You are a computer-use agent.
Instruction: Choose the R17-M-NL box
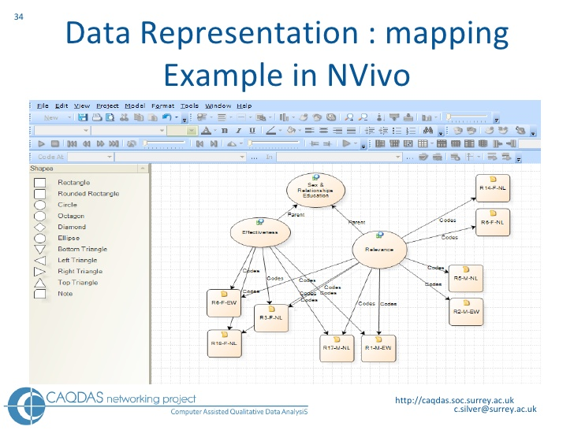coord(337,347)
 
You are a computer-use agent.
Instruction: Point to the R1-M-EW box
coord(378,347)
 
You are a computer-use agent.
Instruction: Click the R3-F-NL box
coord(271,316)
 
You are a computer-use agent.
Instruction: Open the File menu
coord(43,106)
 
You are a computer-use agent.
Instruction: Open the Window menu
coord(218,106)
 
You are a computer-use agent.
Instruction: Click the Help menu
coord(244,106)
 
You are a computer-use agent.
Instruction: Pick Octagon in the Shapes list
coord(70,216)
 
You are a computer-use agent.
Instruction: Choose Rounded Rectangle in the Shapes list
coord(88,194)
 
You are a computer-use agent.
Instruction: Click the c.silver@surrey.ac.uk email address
coord(494,410)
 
